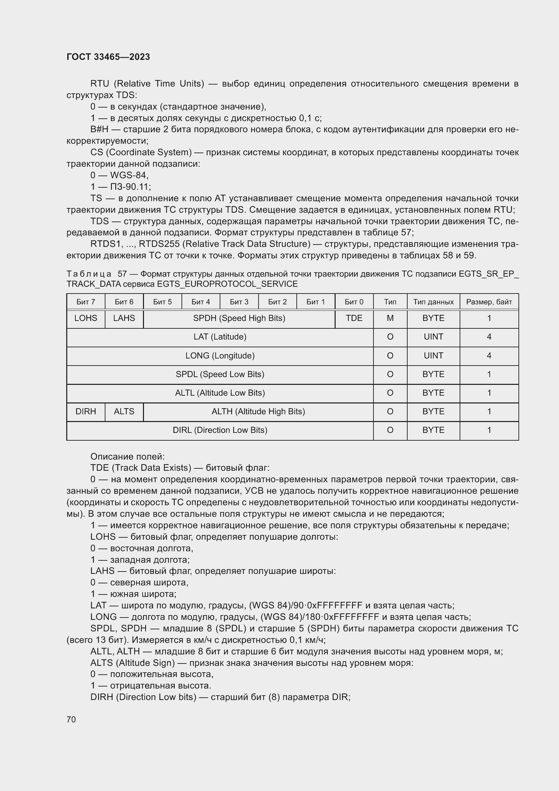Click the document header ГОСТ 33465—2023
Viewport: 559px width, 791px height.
(108, 57)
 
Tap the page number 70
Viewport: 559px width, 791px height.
(71, 719)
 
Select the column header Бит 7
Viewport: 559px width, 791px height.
(86, 302)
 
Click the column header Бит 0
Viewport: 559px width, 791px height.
(354, 302)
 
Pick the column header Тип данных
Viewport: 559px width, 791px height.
(433, 302)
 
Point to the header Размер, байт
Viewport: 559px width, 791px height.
(489, 302)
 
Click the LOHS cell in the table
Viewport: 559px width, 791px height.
(86, 318)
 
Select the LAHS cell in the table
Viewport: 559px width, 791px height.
(124, 318)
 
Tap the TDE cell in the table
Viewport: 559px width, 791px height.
(354, 318)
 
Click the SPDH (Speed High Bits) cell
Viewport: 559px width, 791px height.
(239, 318)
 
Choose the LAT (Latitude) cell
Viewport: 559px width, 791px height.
(220, 336)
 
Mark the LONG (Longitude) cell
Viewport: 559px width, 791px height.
(220, 355)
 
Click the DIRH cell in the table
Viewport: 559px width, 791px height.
(86, 411)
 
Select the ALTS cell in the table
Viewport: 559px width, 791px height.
(124, 411)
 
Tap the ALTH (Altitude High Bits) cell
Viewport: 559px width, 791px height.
(258, 411)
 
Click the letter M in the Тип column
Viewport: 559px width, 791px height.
(390, 318)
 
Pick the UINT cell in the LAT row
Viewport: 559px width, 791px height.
(433, 336)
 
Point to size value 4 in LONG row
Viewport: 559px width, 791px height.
(489, 355)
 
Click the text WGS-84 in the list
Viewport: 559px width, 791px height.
(129, 176)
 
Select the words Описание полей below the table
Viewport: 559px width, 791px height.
(127, 457)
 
